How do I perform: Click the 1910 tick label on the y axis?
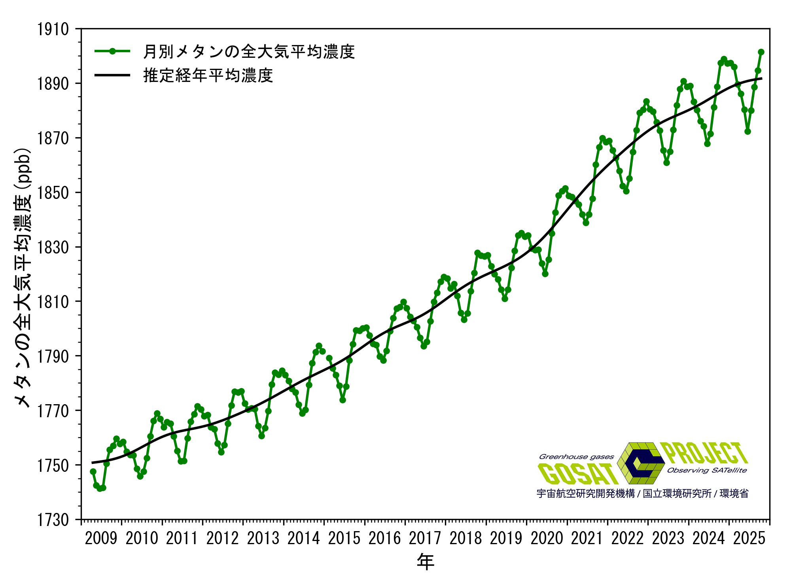tap(53, 29)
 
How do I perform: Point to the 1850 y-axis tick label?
tap(53, 193)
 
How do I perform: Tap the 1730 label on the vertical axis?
tap(53, 520)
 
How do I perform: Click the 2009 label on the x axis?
tap(101, 539)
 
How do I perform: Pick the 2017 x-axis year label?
tap(425, 539)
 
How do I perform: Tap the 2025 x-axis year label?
tap(749, 539)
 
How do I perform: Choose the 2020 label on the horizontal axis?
tap(547, 539)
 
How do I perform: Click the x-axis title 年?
tap(425, 562)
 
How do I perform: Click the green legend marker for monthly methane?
tap(112, 51)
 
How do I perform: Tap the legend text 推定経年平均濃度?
tap(208, 75)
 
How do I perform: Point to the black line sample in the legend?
tap(112, 75)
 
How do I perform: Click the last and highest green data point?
tap(761, 52)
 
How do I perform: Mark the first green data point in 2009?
tap(93, 471)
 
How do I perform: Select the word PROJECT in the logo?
tap(706, 453)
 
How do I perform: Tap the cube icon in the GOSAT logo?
tap(641, 463)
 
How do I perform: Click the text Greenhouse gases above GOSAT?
tap(576, 457)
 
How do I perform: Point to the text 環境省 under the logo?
tap(734, 494)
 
